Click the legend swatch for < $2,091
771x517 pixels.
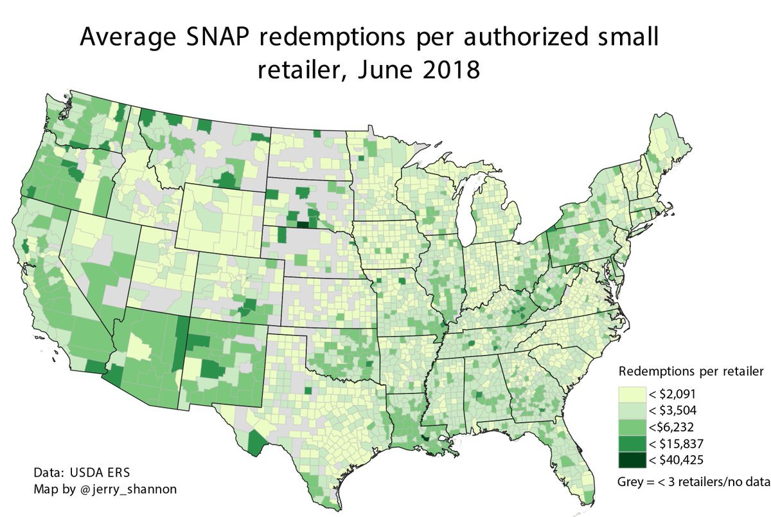630,394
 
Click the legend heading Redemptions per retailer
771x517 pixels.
690,372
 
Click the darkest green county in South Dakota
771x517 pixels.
302,224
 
